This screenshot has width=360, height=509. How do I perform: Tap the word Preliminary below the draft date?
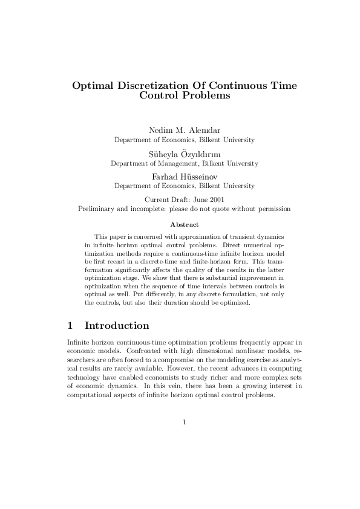tap(97, 209)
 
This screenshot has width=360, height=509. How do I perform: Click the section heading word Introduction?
tap(117, 326)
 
